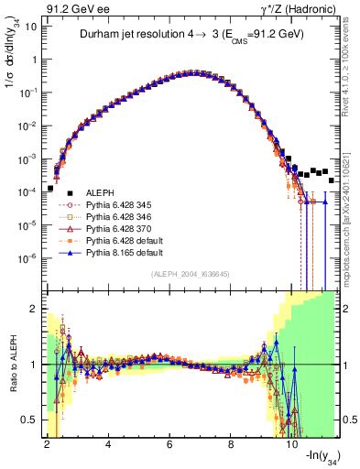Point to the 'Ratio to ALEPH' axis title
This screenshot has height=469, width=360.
click(x=11, y=365)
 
